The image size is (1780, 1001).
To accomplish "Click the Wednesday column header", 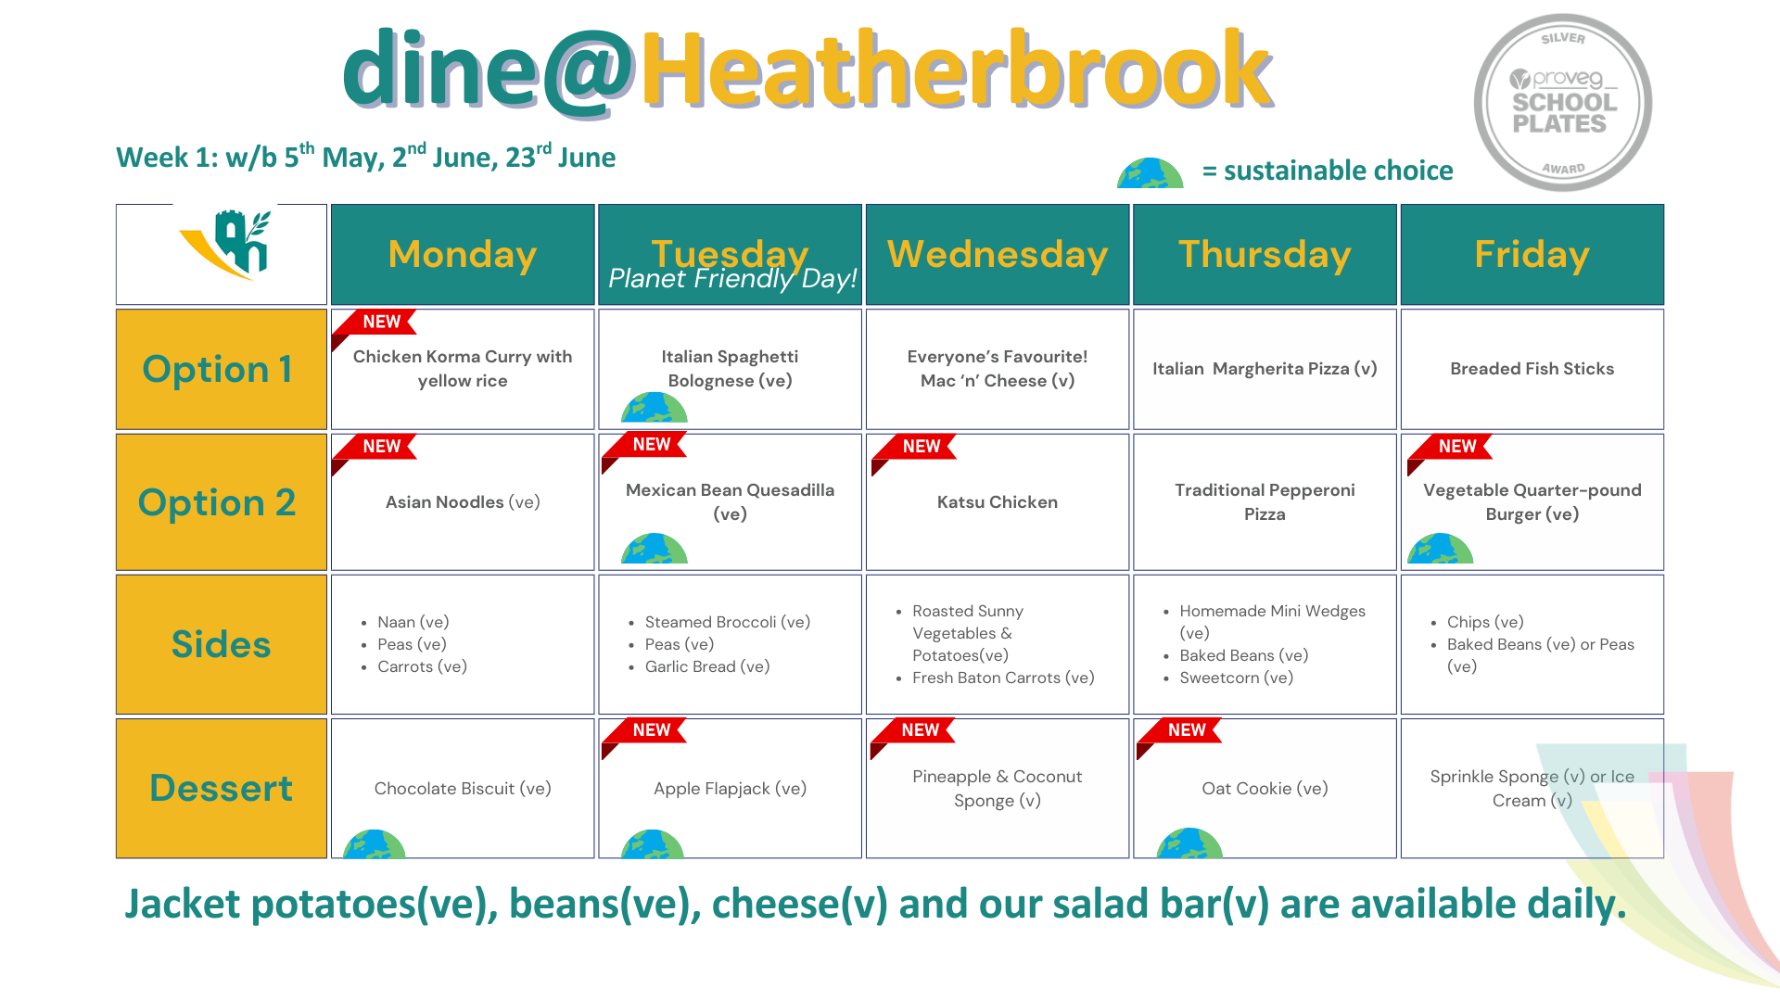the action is coord(998,254).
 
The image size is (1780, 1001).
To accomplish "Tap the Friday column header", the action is coord(1532,254).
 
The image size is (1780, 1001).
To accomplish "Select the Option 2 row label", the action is coord(221,502).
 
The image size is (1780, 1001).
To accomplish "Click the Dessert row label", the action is coord(221,788).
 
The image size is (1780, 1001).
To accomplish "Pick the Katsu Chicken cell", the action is coord(998,502).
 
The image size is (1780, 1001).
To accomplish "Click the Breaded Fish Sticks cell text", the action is coord(1532,369).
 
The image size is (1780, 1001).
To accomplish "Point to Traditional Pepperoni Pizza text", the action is coord(1265,501).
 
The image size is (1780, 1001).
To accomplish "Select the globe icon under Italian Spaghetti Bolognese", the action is coord(655,409).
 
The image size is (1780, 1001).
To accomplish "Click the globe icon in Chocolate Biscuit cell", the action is coord(375,844).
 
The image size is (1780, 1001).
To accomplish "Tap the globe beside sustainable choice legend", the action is coord(1150,173).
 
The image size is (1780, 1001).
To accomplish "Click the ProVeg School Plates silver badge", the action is coord(1563,103).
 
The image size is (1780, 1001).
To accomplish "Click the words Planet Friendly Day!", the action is coord(732,279).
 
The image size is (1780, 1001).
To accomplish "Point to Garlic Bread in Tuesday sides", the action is coord(707,666).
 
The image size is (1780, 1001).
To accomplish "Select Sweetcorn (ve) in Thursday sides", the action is coord(1236,678).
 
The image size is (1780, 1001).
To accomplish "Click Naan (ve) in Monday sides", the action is coord(413,622).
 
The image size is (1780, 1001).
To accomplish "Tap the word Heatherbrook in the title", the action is coord(956,70).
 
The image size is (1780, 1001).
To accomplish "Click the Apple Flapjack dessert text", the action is coord(730,789).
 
